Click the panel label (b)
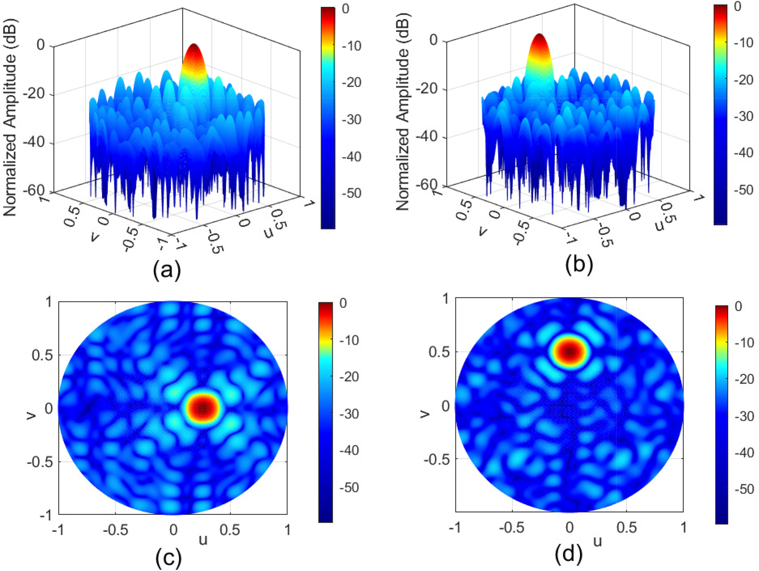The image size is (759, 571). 579,265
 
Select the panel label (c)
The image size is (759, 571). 168,558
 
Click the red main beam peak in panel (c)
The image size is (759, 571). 202,408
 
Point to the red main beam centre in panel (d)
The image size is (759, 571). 570,351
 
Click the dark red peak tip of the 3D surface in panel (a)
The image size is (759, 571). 193,45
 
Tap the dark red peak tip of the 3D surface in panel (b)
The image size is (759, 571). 539,36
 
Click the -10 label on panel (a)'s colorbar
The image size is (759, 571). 351,46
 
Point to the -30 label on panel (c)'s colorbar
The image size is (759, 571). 348,414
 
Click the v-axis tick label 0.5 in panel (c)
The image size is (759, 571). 42,355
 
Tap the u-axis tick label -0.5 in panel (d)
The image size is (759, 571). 512,528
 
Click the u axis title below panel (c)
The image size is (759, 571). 203,540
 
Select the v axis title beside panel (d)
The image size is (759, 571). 424,413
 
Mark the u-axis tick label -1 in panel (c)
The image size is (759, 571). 58,530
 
